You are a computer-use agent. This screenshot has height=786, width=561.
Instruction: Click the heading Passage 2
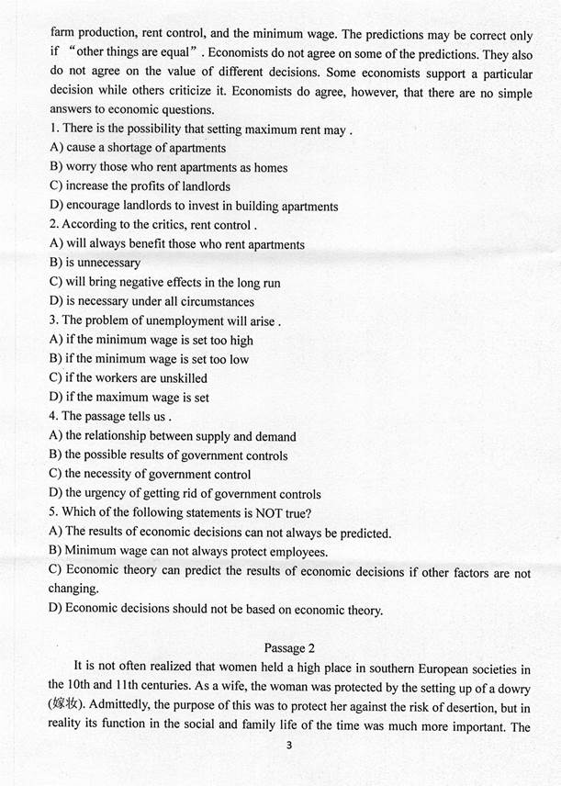293,649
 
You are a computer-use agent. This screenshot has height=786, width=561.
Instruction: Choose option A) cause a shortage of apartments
138,148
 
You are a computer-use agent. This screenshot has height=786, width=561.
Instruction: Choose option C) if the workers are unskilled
129,377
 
